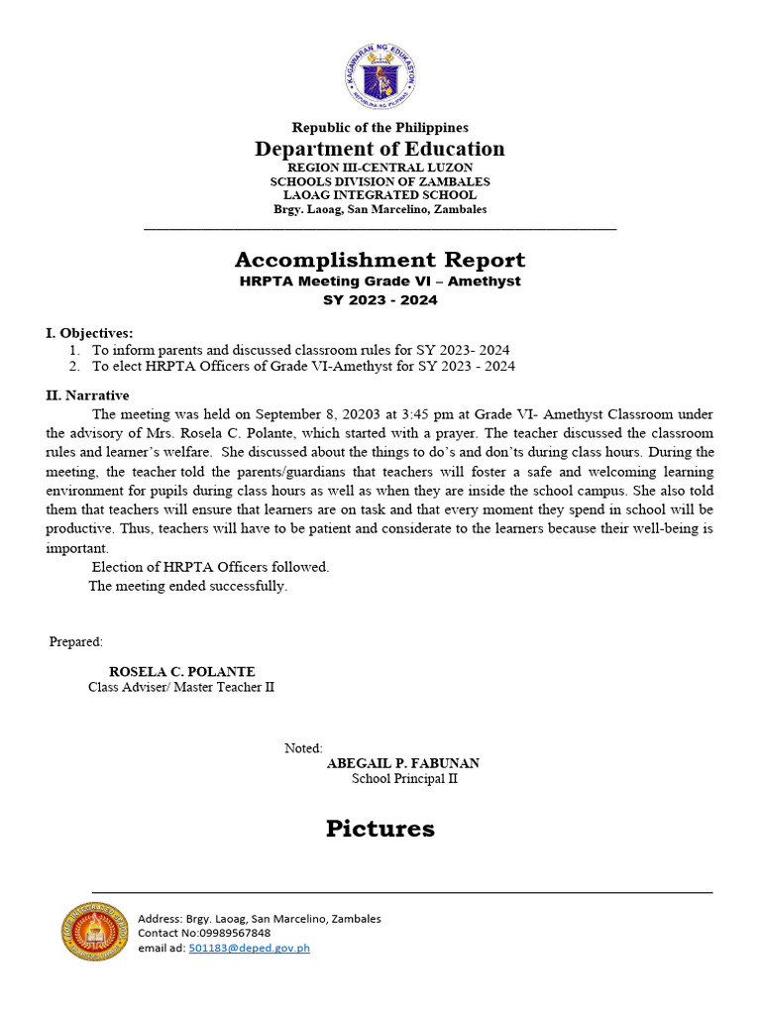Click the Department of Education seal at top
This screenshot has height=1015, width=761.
tap(380, 77)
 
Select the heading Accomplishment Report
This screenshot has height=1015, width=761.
tap(380, 260)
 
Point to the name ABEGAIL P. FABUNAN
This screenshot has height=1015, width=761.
tap(403, 763)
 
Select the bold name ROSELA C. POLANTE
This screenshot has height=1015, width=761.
tap(181, 671)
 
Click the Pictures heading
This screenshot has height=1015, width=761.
tap(380, 829)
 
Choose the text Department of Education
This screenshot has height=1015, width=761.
tap(380, 149)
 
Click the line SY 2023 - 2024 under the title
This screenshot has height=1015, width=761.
tap(380, 299)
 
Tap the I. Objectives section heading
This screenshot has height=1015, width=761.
tap(89, 333)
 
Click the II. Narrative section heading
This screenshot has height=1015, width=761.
tap(87, 395)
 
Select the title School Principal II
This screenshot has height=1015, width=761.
tap(404, 779)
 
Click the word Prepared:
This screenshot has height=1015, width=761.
tap(76, 642)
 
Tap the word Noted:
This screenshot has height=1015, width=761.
tap(303, 748)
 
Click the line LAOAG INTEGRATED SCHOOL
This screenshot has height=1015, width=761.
tap(380, 195)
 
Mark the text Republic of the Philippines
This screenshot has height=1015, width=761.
tap(380, 127)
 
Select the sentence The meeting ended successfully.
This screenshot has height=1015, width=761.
tap(188, 586)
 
